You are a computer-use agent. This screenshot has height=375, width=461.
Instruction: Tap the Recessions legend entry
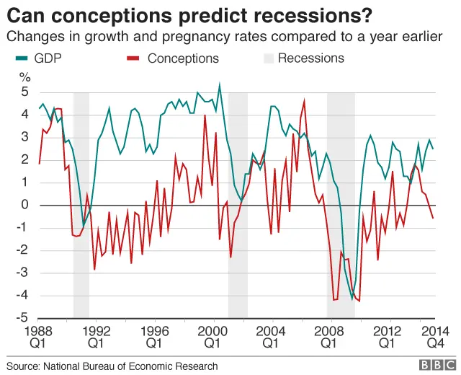[310, 58]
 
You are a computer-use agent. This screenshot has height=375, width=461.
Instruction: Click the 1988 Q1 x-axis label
[39, 337]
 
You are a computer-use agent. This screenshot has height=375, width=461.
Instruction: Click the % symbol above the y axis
[25, 76]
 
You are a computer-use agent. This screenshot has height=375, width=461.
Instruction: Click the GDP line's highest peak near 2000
[220, 84]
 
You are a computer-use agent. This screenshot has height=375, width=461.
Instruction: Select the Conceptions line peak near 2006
[304, 101]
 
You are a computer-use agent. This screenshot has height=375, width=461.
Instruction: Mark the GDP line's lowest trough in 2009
[352, 299]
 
